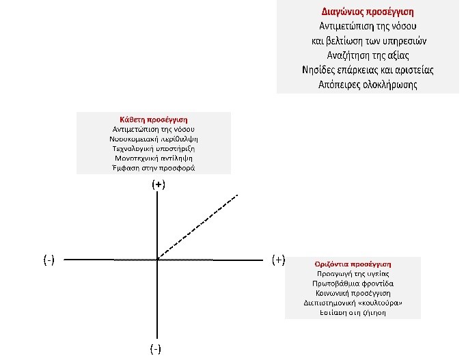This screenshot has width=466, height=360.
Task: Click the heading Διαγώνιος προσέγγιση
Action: (368, 12)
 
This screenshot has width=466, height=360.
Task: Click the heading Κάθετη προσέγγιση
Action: (153, 119)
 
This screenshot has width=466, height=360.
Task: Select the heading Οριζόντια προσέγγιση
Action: (353, 264)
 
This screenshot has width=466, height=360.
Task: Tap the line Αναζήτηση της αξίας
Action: (368, 55)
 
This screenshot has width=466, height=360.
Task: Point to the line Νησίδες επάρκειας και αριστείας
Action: (368, 70)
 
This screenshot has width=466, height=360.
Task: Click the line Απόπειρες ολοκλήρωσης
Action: (368, 85)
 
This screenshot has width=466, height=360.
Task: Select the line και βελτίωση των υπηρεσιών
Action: (368, 41)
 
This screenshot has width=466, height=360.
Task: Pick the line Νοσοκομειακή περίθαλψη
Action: (153, 139)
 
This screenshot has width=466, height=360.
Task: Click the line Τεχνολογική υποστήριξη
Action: (153, 148)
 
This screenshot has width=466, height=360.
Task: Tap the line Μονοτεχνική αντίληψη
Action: (153, 158)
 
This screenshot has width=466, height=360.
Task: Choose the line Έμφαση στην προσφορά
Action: (153, 168)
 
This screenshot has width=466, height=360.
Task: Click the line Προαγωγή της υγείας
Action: (353, 273)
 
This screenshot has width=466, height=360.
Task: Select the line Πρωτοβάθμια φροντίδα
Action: (353, 283)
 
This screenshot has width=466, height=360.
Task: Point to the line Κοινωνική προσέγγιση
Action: (353, 292)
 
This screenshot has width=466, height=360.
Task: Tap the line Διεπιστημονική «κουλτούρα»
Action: (353, 303)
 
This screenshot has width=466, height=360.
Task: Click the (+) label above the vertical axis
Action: (159, 184)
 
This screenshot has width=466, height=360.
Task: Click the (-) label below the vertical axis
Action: (156, 349)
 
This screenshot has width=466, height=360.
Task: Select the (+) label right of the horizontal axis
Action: (278, 260)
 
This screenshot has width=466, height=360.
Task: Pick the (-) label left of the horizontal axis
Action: (49, 260)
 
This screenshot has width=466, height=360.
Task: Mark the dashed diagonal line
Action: (198, 227)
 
